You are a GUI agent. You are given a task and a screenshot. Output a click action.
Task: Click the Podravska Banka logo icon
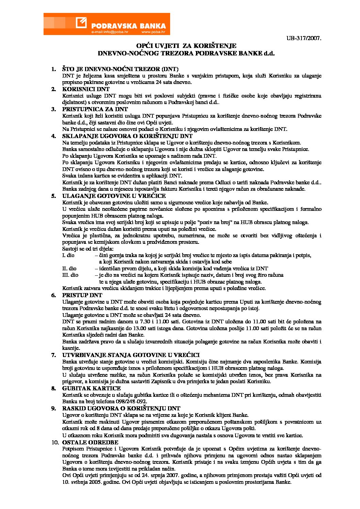82,23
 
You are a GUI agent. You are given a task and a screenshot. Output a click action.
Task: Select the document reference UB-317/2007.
304,38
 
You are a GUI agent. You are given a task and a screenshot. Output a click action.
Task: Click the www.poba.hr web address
153,32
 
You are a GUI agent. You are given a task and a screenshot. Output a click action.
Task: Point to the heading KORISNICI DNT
86,89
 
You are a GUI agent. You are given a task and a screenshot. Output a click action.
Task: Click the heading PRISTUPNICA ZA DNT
95,109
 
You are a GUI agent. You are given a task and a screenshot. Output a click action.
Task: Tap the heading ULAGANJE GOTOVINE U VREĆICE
114,196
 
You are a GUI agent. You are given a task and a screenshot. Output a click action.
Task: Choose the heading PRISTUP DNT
82,295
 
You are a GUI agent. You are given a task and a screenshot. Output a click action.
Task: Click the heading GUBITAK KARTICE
91,388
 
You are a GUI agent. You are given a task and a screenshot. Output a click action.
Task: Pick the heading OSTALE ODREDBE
90,442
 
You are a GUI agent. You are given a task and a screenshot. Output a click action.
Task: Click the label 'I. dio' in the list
68,255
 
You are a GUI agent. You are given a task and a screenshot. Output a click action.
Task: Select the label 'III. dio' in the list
70,275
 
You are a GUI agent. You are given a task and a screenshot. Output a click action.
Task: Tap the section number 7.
53,355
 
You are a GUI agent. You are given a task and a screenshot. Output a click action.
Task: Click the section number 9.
53,408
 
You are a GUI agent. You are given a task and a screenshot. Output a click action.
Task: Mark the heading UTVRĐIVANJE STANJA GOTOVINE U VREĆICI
131,355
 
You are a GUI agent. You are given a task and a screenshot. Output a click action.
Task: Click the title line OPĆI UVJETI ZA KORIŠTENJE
186,46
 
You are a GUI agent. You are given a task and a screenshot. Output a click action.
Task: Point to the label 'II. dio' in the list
69,268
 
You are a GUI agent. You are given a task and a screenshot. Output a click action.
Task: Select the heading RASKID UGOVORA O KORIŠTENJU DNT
121,408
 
